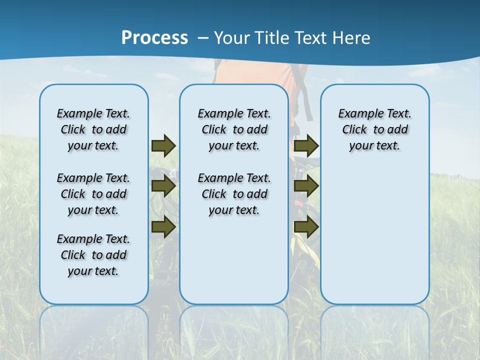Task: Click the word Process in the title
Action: (154, 37)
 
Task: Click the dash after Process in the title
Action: (203, 38)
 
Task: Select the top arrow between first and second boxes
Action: (163, 146)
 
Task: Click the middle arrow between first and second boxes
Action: (163, 186)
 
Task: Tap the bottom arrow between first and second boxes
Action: (163, 226)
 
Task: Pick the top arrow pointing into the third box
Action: (306, 146)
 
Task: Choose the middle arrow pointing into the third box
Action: (306, 186)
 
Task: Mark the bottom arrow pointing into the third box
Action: (306, 226)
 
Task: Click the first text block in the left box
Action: (93, 129)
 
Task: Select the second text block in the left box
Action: (93, 194)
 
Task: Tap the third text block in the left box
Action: (93, 255)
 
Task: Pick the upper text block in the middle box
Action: (234, 129)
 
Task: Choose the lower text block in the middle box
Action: (234, 194)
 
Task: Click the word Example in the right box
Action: (356, 114)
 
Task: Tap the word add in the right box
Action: (397, 130)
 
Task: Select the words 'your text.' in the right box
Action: (374, 146)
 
